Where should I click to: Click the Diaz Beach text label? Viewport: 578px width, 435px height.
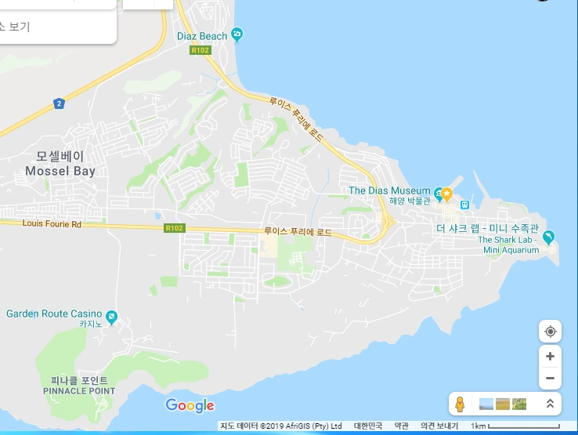[202, 36]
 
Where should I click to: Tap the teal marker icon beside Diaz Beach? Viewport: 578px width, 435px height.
[238, 35]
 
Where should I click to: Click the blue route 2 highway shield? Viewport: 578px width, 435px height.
[59, 103]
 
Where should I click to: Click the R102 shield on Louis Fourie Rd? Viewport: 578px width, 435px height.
[174, 228]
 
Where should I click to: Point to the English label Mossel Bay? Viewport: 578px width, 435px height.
[60, 171]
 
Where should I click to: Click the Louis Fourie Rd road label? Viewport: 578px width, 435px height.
[52, 224]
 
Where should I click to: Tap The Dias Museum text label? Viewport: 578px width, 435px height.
[389, 190]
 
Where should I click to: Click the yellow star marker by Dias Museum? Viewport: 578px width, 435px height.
[446, 193]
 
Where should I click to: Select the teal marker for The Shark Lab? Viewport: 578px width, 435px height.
[548, 236]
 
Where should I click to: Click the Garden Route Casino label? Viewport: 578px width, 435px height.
[54, 314]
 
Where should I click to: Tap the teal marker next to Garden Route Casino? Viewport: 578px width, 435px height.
[112, 317]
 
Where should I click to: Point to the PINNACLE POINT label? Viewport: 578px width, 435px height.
[79, 390]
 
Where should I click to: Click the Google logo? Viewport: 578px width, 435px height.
[190, 405]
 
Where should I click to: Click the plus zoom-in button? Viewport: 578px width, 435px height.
[550, 356]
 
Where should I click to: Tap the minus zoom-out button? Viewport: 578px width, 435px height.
[550, 378]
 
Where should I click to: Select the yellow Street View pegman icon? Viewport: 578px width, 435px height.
[461, 404]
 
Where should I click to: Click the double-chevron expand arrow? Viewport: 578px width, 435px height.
[550, 404]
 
